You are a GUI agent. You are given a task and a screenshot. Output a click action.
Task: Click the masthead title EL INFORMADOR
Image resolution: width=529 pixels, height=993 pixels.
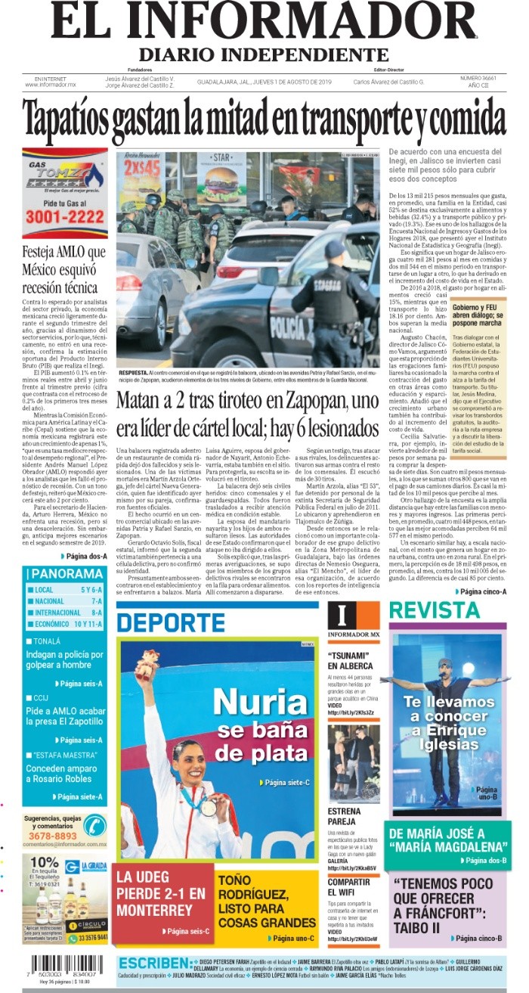coord(264,23)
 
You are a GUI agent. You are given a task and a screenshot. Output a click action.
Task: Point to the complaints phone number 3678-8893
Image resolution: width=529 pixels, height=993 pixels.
coord(53,836)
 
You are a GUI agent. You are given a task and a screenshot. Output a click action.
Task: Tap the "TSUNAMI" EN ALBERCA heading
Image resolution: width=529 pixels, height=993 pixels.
coord(350,660)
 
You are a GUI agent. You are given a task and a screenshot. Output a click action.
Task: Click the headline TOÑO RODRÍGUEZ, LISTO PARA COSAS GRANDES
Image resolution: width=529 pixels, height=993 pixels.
coord(266,901)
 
